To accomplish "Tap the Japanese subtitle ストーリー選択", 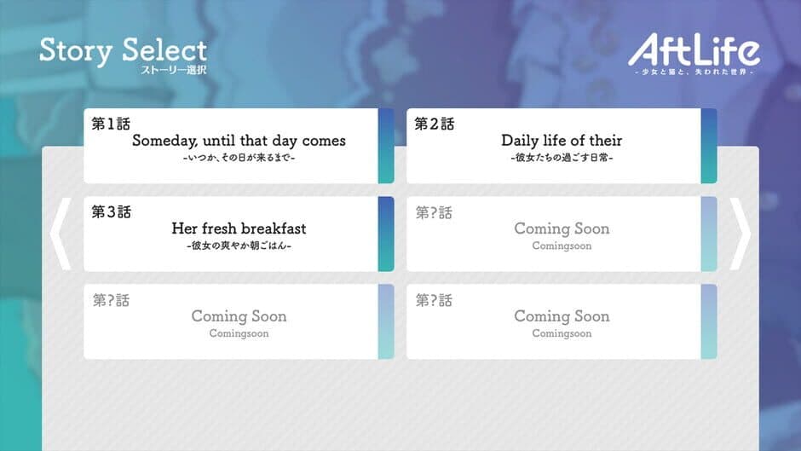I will point(174,69).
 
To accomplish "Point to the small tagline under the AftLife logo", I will point(694,72).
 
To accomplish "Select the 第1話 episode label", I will point(111,124).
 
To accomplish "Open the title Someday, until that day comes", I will point(239,141).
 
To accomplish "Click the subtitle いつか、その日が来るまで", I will point(239,158).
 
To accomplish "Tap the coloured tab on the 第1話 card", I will point(386,145).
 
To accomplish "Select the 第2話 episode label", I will point(435,124).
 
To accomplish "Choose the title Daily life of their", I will point(562,141).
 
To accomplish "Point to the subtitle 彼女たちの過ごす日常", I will point(562,158).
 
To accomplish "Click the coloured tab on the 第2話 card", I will point(709,145).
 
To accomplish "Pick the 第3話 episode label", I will point(111,212).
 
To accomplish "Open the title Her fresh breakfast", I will point(239,228).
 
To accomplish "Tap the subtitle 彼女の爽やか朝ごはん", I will point(239,246).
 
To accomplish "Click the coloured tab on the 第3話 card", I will point(386,234).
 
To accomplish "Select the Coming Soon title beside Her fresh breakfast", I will point(562,228).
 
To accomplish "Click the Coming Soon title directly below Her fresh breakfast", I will point(239,316).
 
